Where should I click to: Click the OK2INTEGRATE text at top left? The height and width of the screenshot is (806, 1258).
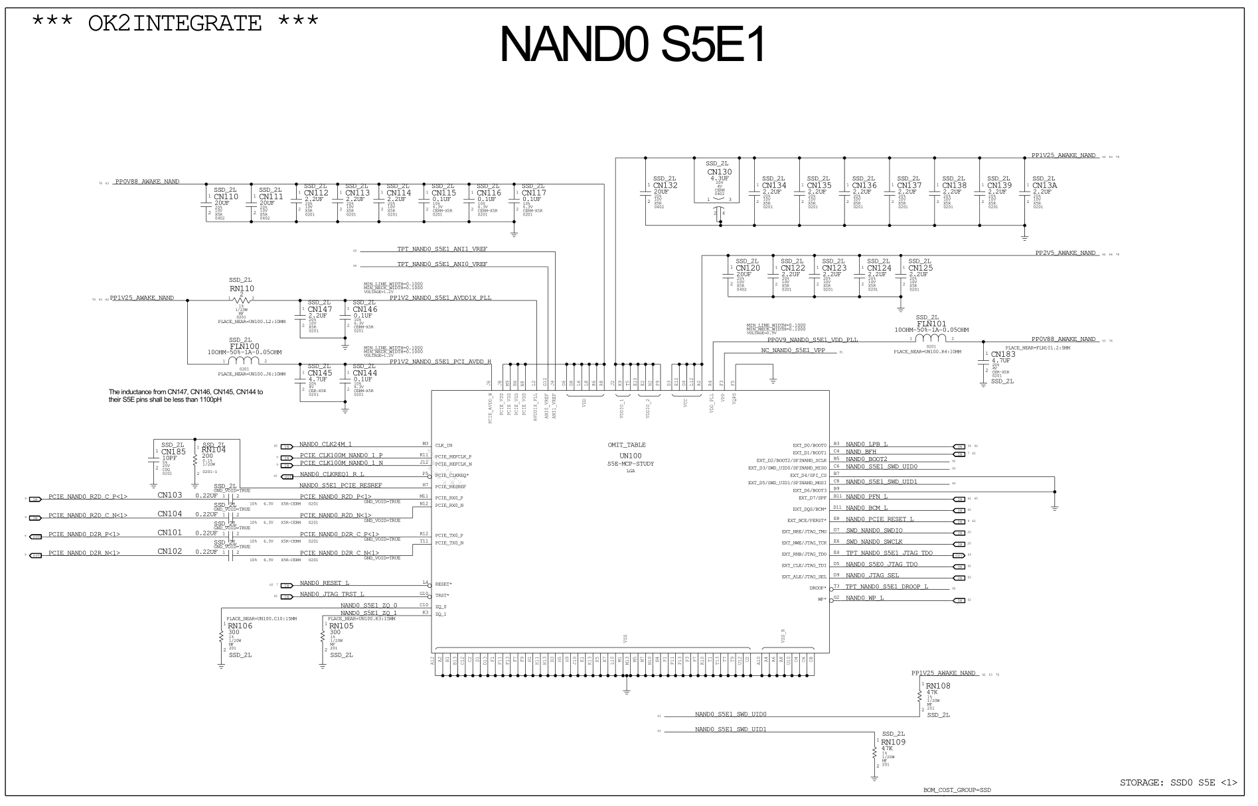pos(175,23)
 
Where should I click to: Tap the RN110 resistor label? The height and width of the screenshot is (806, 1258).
pos(242,289)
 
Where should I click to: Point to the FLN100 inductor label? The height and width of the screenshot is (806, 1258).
pos(244,346)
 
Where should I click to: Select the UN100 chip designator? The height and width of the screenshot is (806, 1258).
pos(630,456)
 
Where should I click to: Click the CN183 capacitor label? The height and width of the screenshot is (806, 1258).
pos(1003,354)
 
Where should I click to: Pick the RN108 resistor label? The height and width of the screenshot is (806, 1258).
pos(937,686)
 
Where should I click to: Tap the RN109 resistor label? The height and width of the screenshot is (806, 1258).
pos(893,742)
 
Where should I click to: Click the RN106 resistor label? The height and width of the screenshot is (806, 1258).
pos(240,626)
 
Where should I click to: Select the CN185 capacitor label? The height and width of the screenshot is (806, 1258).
pos(173,452)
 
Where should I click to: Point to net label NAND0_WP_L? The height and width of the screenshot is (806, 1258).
pos(864,598)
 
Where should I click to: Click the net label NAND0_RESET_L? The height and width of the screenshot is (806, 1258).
pos(324,583)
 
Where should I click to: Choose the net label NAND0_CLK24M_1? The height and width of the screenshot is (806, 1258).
pos(325,444)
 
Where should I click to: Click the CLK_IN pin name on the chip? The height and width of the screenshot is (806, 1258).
pos(443,446)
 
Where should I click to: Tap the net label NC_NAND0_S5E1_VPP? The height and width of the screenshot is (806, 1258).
pos(793,350)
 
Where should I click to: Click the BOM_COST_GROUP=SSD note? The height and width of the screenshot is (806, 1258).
pos(956,791)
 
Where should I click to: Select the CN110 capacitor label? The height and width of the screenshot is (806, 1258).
pos(226,197)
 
